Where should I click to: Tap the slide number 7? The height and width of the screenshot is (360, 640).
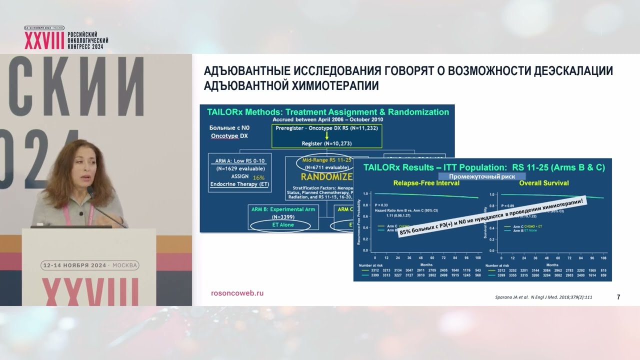pyautogui.click(x=618, y=297)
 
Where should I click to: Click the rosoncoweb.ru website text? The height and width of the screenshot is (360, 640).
pyautogui.click(x=237, y=293)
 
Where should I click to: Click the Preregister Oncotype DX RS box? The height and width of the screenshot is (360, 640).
pyautogui.click(x=326, y=128)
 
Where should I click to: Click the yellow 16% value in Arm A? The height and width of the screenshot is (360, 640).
pyautogui.click(x=258, y=177)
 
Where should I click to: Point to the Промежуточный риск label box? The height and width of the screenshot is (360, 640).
pyautogui.click(x=482, y=176)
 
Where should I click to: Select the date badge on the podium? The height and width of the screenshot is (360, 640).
pyautogui.click(x=90, y=265)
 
